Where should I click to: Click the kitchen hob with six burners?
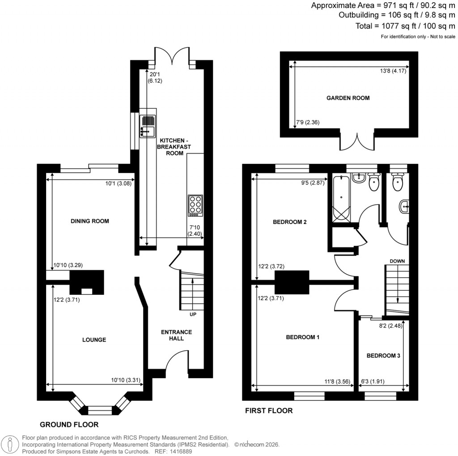coord(195,206)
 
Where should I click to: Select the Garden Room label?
coord(348,98)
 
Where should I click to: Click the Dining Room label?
coord(90,221)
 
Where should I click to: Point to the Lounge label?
coord(94,340)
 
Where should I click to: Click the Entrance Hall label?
coord(176,335)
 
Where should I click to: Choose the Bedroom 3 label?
coord(383,356)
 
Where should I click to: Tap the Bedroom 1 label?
coord(302,337)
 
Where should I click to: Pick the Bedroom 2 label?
coord(289,222)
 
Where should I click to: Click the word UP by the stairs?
coord(193,314)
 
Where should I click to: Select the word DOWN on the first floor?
coord(397,261)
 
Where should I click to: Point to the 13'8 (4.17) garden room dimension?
coord(390,70)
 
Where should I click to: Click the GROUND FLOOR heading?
coord(69,424)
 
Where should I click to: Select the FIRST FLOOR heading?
coord(269,410)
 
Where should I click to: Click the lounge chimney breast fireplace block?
coord(87,283)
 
